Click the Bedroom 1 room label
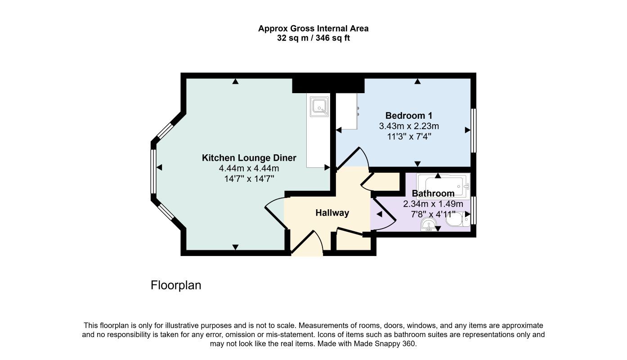[409, 116]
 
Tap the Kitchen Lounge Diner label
[249, 158]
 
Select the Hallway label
[332, 213]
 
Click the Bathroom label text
[433, 193]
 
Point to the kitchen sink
[319, 106]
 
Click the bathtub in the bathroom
[443, 186]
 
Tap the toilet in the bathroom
[458, 219]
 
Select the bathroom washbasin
[428, 225]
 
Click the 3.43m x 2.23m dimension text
[409, 126]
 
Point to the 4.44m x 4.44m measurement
[249, 168]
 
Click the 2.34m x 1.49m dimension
[433, 204]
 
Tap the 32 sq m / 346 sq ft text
[313, 38]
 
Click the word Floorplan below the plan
[176, 285]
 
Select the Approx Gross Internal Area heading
[313, 28]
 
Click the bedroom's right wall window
[473, 130]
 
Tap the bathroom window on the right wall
[473, 211]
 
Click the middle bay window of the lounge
[153, 171]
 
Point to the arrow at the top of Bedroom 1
[417, 81]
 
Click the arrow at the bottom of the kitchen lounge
[235, 247]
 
